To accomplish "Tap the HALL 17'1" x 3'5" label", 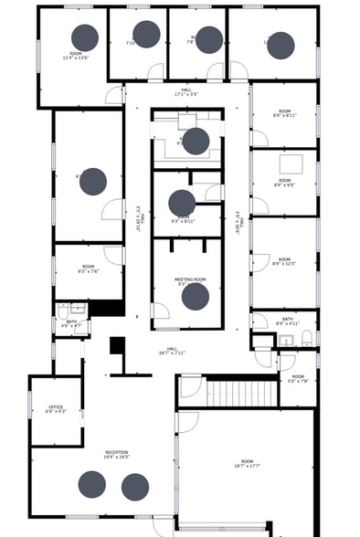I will [x=186, y=91].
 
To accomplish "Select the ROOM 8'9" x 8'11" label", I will [x=284, y=114].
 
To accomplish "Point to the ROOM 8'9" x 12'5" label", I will [x=284, y=261].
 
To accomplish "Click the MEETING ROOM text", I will [x=190, y=279].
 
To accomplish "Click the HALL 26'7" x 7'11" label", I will [x=171, y=350].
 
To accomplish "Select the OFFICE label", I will [x=55, y=408].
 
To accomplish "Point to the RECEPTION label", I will [x=117, y=454].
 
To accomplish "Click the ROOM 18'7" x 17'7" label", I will [x=247, y=463].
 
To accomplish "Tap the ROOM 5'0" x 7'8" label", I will [x=298, y=378].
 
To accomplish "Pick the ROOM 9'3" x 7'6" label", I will [x=89, y=268].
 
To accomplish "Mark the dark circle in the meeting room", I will [x=195, y=297].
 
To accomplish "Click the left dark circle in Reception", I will [x=91, y=484].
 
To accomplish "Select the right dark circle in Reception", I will [x=135, y=486].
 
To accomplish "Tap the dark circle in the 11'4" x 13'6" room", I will [x=85, y=37].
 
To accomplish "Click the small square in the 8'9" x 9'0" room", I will [x=291, y=164].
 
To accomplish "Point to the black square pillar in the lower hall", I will [x=117, y=345].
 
